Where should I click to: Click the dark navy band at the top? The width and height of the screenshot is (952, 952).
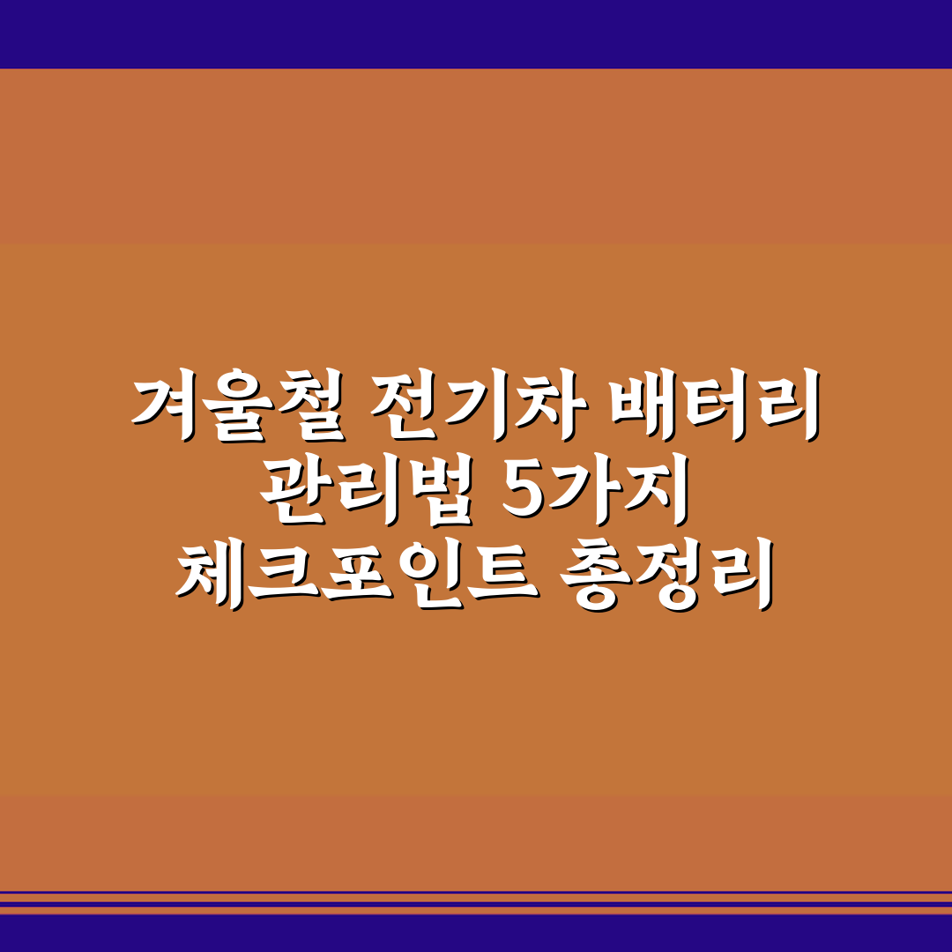tap(476, 33)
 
